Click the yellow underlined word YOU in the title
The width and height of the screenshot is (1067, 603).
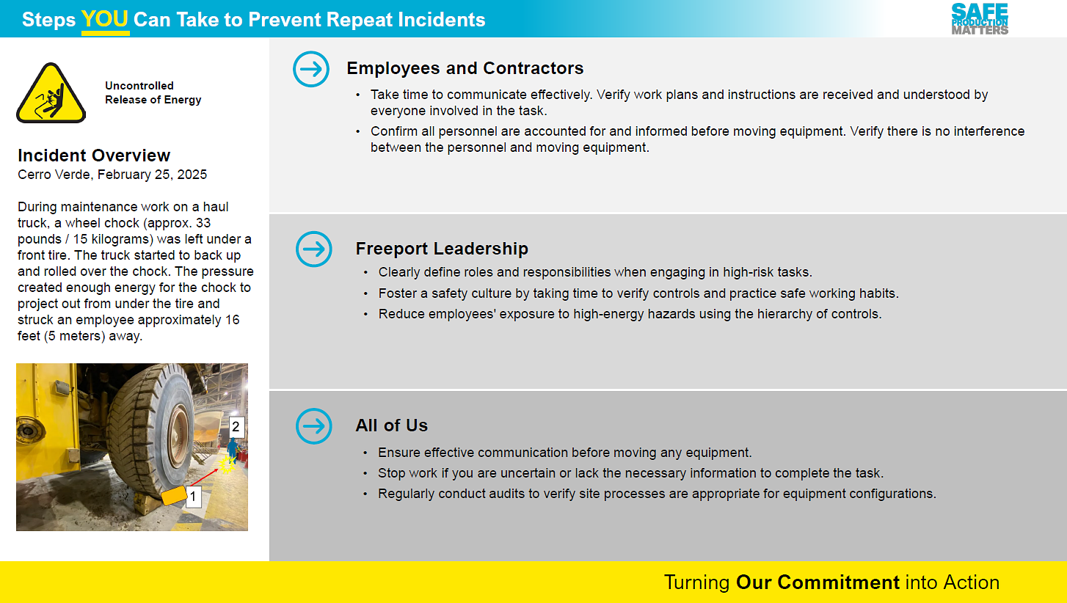[x=105, y=20]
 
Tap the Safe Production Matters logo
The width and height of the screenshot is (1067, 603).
[x=980, y=19]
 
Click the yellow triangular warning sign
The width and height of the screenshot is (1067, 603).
[x=51, y=93]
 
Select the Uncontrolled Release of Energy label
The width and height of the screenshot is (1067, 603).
[x=153, y=92]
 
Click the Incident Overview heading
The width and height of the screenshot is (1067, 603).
[x=94, y=156]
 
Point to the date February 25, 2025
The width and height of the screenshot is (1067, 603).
[x=152, y=175]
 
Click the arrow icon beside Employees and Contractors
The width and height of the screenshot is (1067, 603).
[x=311, y=69]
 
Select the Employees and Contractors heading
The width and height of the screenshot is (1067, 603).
[x=465, y=68]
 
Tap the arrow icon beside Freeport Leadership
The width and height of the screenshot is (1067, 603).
[x=314, y=249]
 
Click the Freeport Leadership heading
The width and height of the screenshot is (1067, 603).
[x=442, y=249]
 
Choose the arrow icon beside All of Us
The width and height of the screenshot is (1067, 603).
[x=314, y=425]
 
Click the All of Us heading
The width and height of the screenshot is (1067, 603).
[x=392, y=425]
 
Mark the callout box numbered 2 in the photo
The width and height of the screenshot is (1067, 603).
[x=236, y=427]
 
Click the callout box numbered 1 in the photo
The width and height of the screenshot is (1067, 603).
[x=193, y=497]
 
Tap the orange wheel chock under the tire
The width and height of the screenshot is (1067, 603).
[x=174, y=495]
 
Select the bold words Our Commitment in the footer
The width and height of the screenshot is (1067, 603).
[x=817, y=582]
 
